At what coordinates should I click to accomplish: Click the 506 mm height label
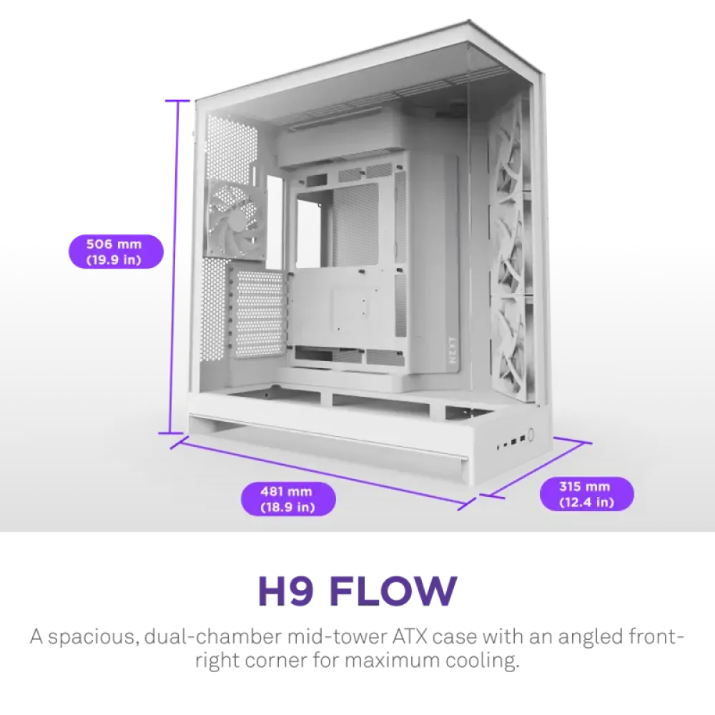pos(116,252)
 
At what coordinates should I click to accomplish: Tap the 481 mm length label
pos(288,499)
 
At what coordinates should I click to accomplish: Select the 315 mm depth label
pos(586,494)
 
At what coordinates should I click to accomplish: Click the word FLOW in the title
pos(393,591)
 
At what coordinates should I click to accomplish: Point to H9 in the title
pos(287,591)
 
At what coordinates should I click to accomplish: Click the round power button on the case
pos(531,433)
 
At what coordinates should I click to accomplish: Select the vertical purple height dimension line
pos(176,267)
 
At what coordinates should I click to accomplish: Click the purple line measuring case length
pos(323,473)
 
